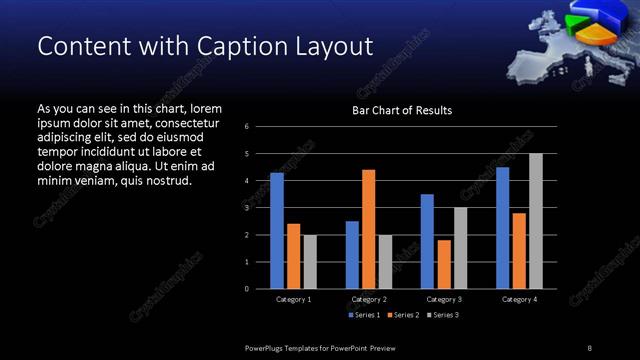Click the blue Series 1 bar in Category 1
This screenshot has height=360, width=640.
coord(277,231)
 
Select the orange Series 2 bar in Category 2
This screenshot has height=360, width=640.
coord(369,229)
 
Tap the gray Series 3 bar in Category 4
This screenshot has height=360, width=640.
coord(536,221)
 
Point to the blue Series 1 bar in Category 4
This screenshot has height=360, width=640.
coord(502,228)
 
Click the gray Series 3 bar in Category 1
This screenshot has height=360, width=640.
coord(310,262)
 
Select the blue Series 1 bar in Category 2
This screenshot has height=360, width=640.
coord(352,255)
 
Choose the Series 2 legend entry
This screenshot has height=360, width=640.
coord(402,315)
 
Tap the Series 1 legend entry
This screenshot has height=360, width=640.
coord(363,315)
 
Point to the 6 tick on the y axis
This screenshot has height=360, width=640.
coord(246,127)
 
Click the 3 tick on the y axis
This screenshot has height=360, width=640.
coord(246,208)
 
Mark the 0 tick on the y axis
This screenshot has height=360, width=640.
coord(246,289)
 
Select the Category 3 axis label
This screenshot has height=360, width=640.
coord(444,300)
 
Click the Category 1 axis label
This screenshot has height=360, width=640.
coord(294,300)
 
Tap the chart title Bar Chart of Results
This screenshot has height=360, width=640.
coord(402,110)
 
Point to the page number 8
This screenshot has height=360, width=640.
coord(589,347)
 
